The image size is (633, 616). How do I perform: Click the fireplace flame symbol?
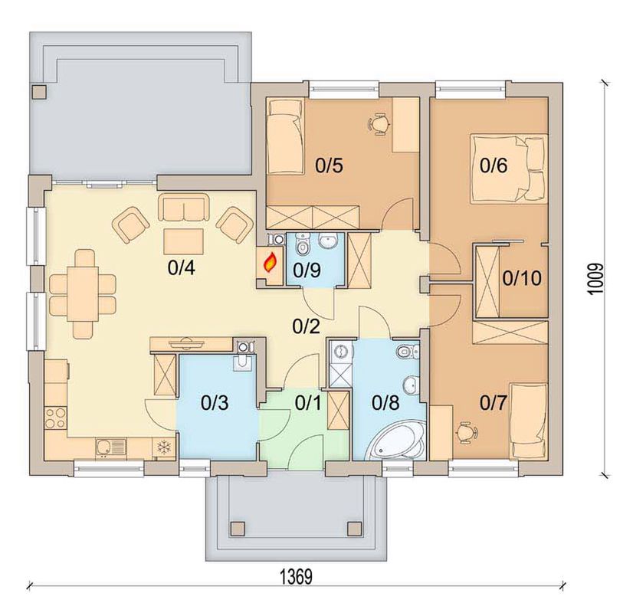[270, 262]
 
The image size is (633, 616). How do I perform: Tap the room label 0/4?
[182, 268]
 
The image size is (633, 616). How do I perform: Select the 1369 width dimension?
[297, 576]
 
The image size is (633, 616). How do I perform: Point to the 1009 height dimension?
[595, 280]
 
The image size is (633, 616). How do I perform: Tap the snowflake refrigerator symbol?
[164, 447]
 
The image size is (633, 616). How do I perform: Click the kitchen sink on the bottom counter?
[111, 448]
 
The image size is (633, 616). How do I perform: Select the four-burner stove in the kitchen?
[56, 418]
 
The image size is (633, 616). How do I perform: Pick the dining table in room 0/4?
[83, 294]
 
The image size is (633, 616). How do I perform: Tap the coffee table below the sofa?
[183, 241]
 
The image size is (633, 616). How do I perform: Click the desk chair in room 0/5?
[379, 123]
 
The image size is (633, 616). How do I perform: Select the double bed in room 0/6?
[508, 169]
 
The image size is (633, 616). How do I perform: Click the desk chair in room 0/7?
[467, 432]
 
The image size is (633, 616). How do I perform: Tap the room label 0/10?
[522, 278]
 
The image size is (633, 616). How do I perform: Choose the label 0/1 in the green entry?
[308, 403]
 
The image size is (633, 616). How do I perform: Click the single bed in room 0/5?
[284, 137]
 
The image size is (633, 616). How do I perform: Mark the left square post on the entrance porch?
[237, 528]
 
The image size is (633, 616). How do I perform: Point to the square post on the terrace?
[40, 91]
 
